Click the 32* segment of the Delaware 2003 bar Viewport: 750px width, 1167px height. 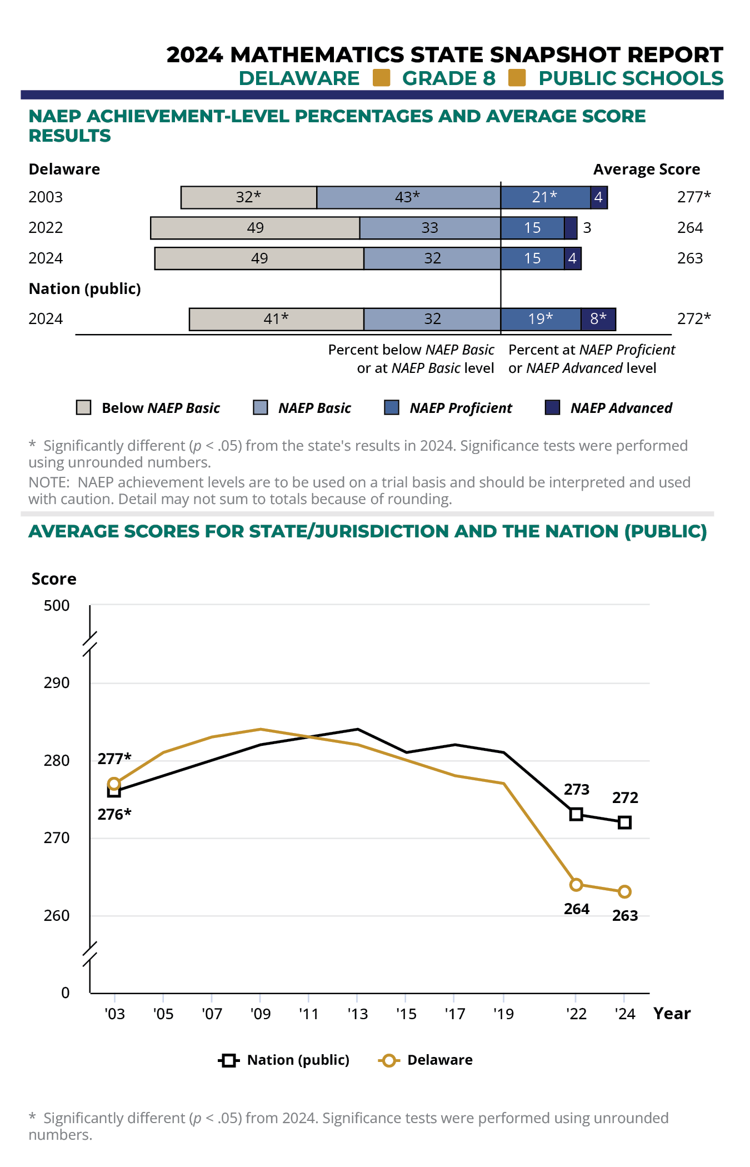coord(249,197)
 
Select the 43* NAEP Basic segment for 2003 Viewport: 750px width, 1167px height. coord(408,197)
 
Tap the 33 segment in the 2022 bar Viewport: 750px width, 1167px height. coord(430,228)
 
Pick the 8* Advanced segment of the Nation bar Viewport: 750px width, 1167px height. coord(598,319)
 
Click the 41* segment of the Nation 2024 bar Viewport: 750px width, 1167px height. coord(277,319)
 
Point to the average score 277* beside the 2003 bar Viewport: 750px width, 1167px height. coord(694,197)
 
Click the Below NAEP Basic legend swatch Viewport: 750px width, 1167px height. coord(83,407)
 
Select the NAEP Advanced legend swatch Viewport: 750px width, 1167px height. coord(552,407)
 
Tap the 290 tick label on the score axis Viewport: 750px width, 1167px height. coord(57,683)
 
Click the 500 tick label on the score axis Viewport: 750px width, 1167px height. coord(57,605)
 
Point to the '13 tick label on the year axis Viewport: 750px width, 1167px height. coord(358,1014)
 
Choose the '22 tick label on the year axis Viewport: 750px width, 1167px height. coord(576,1014)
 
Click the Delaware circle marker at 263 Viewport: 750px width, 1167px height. coord(624,892)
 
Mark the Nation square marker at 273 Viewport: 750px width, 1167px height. coord(576,815)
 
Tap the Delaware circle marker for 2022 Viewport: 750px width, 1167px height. coord(576,884)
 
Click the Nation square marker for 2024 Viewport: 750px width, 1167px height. coord(624,822)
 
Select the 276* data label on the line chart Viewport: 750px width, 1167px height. coord(114,815)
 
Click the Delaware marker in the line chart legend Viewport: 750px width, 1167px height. coord(389,1060)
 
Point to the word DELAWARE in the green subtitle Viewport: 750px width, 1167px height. coord(299,78)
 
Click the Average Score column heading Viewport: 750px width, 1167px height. coord(647,169)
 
